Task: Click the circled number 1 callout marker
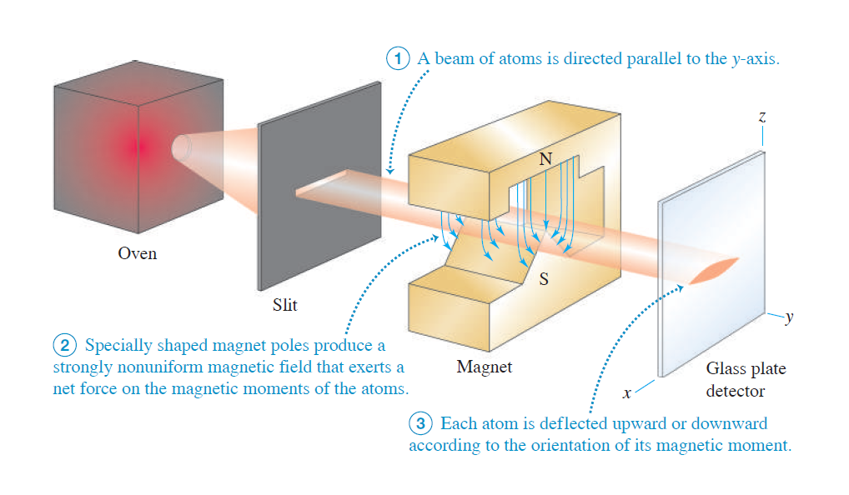pyautogui.click(x=399, y=60)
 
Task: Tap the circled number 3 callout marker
pyautogui.click(x=422, y=423)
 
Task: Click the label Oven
pyautogui.click(x=137, y=253)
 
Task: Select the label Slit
pyautogui.click(x=285, y=305)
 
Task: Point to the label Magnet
pyautogui.click(x=485, y=367)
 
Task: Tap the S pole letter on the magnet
pyautogui.click(x=544, y=279)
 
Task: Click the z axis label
pyautogui.click(x=761, y=119)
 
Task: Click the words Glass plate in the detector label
pyautogui.click(x=746, y=368)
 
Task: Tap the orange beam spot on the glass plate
pyautogui.click(x=715, y=268)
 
